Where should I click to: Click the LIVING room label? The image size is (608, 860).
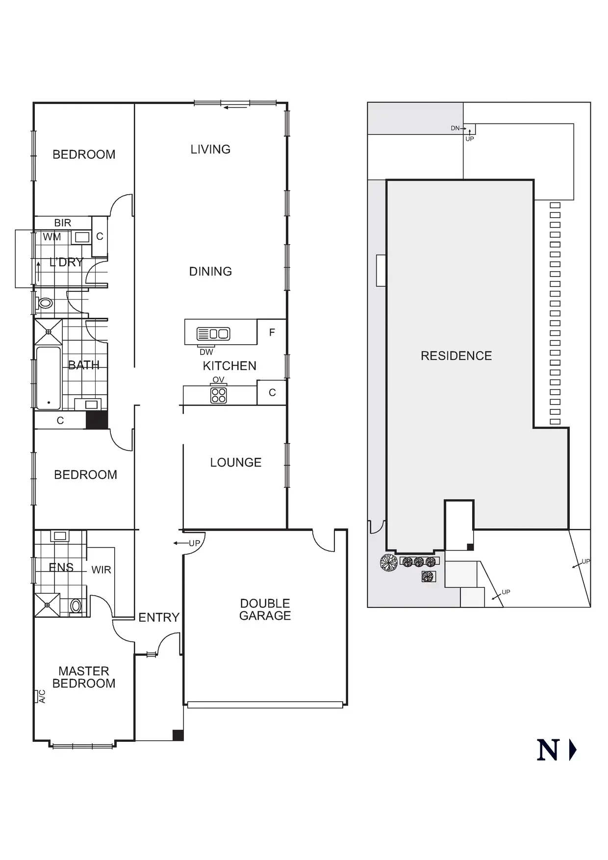pos(210,149)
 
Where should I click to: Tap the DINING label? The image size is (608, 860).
pos(210,271)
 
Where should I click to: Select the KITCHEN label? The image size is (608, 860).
pos(229,366)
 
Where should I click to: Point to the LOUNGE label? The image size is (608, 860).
pos(235,462)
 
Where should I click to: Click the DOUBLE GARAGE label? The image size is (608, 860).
pos(265,609)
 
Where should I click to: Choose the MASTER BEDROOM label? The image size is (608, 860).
pos(84,677)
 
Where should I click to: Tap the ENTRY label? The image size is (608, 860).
pos(159,617)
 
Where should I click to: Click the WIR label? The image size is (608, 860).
pos(101,570)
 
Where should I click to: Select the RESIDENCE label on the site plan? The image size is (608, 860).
pos(456,356)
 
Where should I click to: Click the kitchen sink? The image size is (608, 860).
pos(213,334)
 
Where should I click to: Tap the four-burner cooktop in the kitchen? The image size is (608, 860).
pos(219,395)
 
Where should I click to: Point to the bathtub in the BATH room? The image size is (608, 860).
pos(48,378)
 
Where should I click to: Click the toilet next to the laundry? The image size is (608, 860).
pos(45,303)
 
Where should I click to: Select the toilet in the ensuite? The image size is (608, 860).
pos(76,606)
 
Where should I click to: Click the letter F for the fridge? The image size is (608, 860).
pos(272,332)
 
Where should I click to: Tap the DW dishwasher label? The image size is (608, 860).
pos(206,352)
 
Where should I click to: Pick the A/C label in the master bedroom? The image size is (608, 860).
pos(42,697)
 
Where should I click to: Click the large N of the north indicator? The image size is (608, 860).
pos(548,750)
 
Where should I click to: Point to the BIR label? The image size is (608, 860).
pos(63,223)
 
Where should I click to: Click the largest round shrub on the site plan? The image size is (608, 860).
pos(389,562)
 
